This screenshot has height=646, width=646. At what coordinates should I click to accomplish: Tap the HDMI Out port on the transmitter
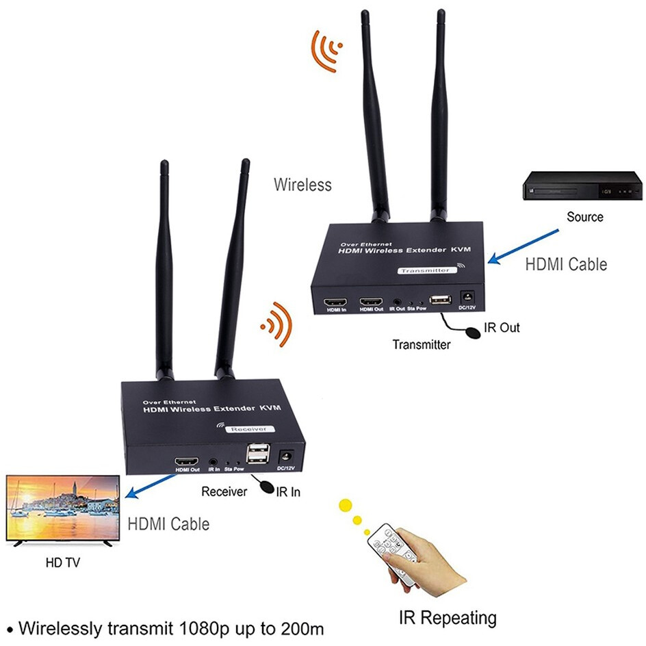pyautogui.click(x=372, y=301)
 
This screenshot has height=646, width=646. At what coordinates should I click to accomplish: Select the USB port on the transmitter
pyautogui.click(x=439, y=299)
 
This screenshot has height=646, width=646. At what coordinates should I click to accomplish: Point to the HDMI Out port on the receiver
pyautogui.click(x=187, y=461)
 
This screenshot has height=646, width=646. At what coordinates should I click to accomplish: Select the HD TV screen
pyautogui.click(x=62, y=508)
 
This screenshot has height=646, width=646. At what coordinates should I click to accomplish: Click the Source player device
pyautogui.click(x=583, y=185)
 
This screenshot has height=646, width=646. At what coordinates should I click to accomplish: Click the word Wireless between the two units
pyautogui.click(x=302, y=185)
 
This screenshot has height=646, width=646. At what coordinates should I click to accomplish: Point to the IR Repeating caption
pyautogui.click(x=448, y=618)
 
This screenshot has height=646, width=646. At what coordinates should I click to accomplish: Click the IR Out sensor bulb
pyautogui.click(x=471, y=333)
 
